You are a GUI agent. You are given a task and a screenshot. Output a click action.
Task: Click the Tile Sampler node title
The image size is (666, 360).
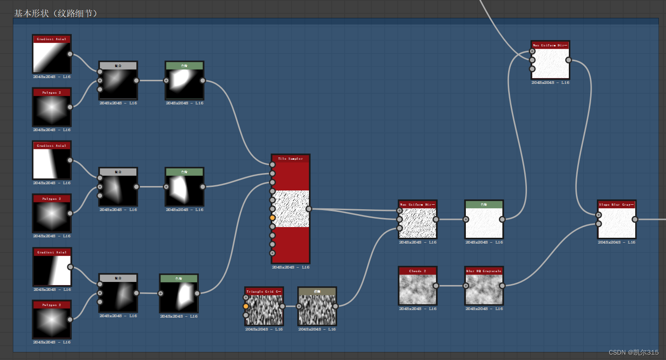tap(290, 158)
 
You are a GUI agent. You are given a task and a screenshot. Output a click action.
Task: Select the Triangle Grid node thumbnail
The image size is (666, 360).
tap(264, 310)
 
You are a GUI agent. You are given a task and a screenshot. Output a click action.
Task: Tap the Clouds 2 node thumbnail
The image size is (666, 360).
tap(417, 289)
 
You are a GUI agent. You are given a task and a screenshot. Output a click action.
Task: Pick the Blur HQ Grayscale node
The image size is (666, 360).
tap(484, 289)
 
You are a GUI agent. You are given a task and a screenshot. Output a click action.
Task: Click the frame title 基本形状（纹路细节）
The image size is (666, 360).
tap(56, 13)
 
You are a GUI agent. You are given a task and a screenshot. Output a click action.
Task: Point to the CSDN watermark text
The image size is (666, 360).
tap(633, 352)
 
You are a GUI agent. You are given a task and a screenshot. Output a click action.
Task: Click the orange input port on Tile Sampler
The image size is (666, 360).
tap(272, 218)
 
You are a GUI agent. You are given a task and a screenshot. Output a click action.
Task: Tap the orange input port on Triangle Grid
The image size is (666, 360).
tap(246, 306)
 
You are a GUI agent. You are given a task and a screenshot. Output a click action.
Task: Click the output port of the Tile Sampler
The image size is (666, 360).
tap(308, 209)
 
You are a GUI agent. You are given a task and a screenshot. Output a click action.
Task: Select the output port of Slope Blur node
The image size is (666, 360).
tap(635, 219)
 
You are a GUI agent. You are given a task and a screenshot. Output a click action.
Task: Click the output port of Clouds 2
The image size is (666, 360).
tap(436, 286)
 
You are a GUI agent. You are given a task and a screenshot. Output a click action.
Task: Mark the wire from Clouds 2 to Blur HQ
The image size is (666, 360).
tap(450, 286)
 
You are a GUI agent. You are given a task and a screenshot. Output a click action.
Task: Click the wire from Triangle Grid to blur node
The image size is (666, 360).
tap(290, 306)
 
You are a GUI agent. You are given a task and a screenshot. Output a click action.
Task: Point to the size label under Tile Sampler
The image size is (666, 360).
tap(290, 267)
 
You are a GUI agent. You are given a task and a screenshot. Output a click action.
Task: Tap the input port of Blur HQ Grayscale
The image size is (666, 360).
tap(466, 286)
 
